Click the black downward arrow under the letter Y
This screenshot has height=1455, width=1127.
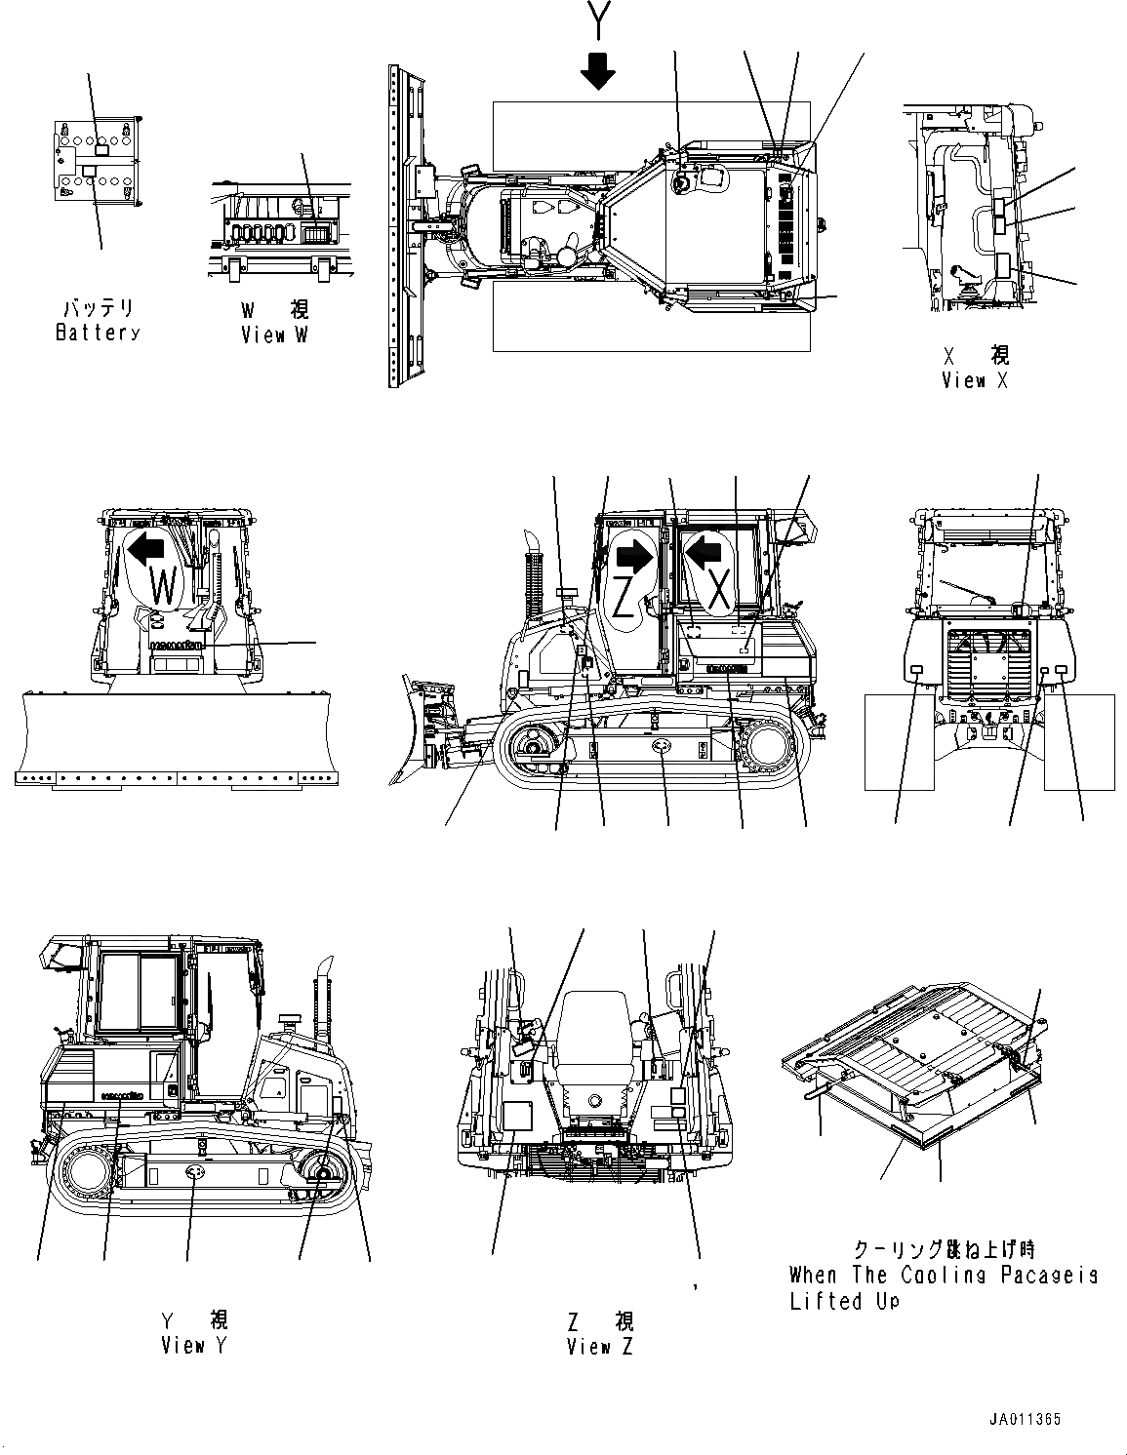tap(597, 69)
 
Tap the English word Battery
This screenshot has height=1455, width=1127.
tap(98, 333)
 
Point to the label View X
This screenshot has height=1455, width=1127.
tap(975, 380)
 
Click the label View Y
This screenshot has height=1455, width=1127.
tap(194, 1346)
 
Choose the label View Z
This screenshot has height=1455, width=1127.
tap(599, 1347)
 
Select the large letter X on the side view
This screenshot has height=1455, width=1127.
tap(718, 591)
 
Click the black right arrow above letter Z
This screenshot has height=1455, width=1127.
tap(634, 557)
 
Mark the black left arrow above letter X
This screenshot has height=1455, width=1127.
tap(704, 553)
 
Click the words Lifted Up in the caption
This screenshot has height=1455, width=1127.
tap(844, 1302)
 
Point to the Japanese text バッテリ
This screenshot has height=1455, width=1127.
tap(98, 308)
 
